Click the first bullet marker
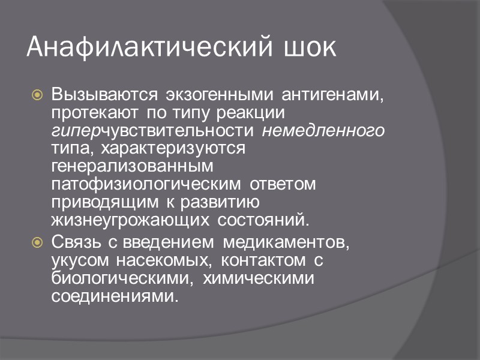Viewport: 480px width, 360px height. pos(37,95)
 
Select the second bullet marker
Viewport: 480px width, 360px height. pos(37,242)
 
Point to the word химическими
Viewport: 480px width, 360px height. pos(259,278)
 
